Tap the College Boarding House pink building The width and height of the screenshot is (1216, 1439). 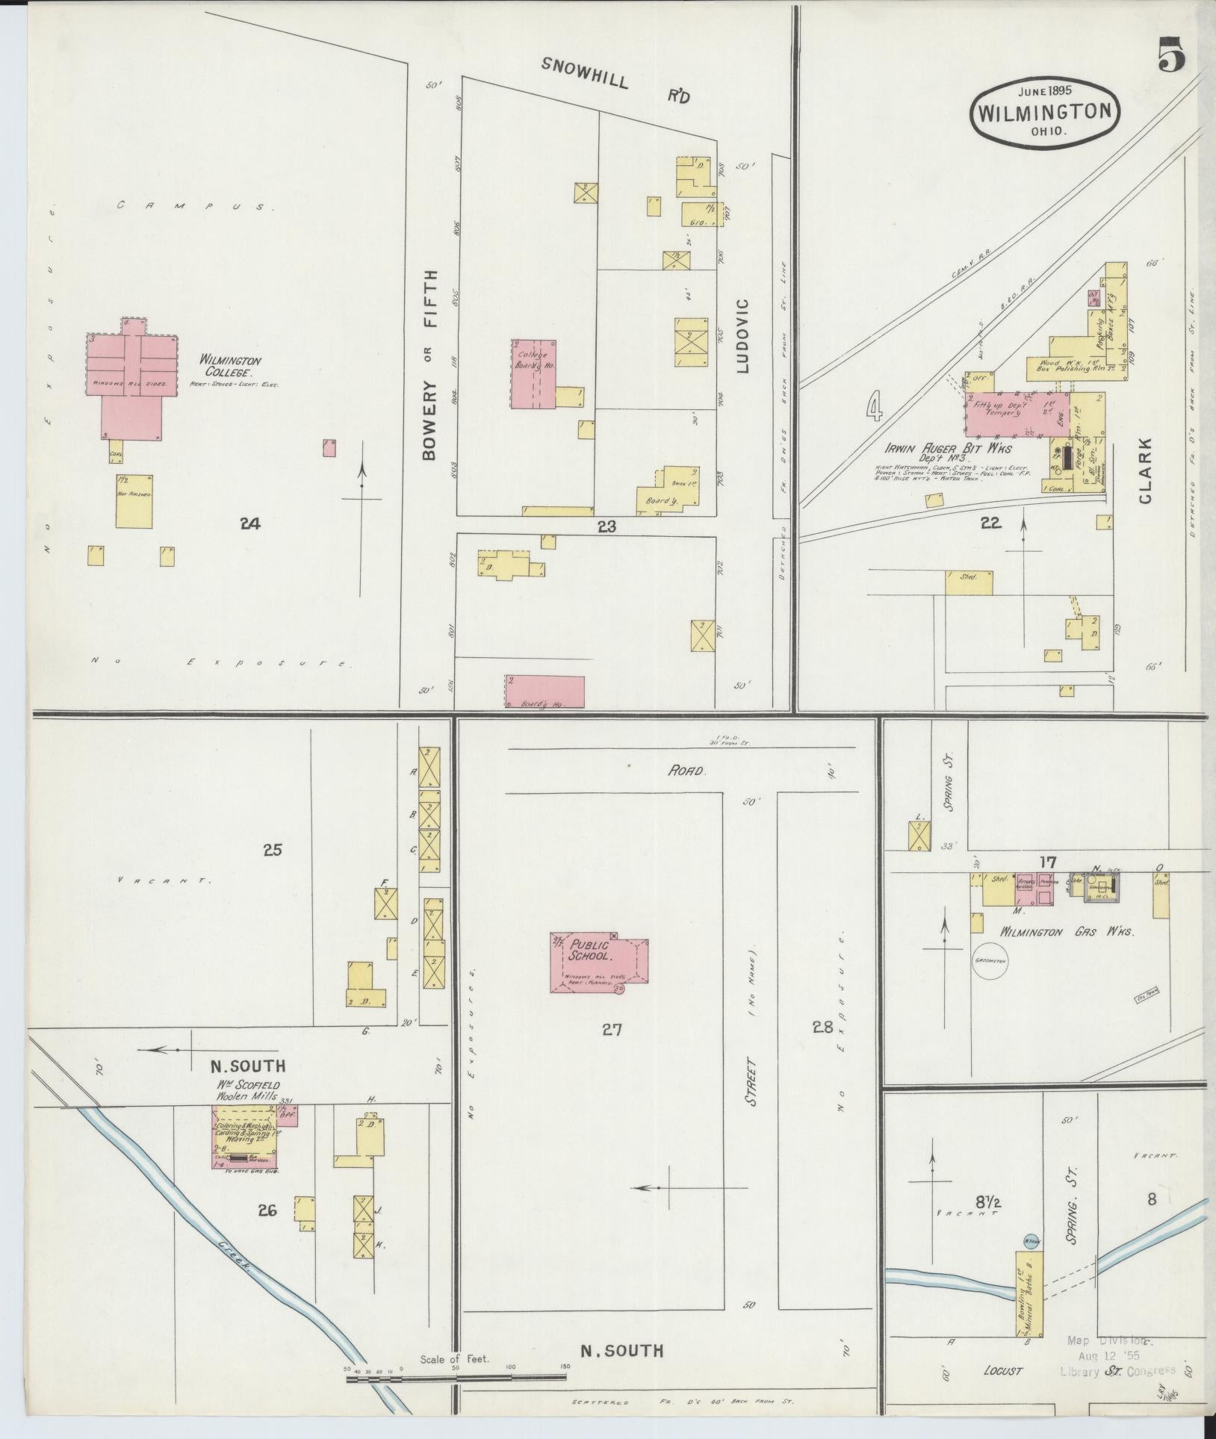pos(533,373)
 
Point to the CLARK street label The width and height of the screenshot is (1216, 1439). pos(1147,470)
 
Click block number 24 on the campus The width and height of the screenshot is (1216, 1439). pos(249,523)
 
